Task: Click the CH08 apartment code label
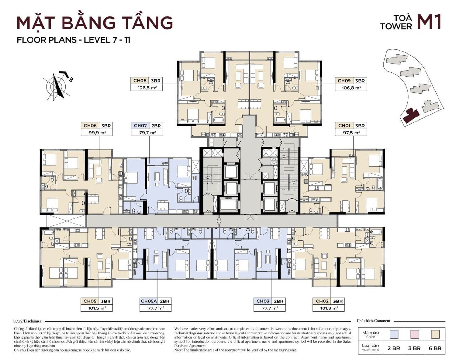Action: tap(140, 81)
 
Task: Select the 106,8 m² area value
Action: tap(351, 88)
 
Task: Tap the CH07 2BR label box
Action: tap(147, 126)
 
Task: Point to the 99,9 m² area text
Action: tap(97, 133)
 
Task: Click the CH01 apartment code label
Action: tap(344, 126)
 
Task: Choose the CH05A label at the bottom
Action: tap(149, 301)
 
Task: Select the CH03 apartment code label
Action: tap(263, 301)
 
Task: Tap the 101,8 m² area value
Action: tap(328, 308)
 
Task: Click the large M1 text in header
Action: tap(429, 22)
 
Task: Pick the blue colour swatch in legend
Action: tap(394, 334)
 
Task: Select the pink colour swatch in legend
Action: tap(414, 334)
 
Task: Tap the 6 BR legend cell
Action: tap(435, 348)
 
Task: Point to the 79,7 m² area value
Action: tap(147, 133)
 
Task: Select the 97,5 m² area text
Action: tap(351, 133)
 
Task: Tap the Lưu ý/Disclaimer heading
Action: tap(28, 321)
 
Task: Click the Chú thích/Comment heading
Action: tap(374, 321)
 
